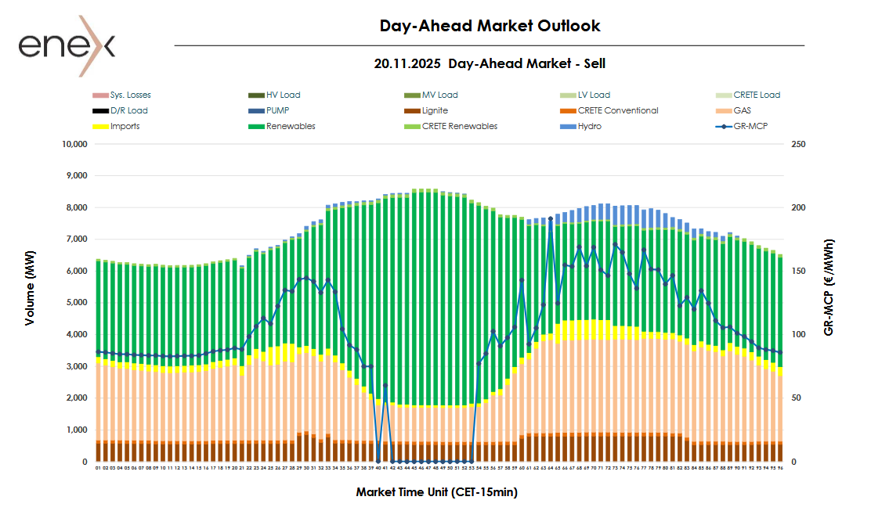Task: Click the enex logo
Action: click(x=67, y=45)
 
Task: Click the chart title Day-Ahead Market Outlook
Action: click(x=490, y=26)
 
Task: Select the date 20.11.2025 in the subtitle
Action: click(x=408, y=63)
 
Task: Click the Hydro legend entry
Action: click(x=589, y=126)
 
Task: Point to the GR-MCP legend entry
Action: click(x=750, y=126)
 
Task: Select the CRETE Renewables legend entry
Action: click(x=459, y=126)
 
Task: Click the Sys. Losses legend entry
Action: click(x=130, y=95)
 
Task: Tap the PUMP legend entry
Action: click(x=278, y=110)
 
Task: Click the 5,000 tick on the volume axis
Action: click(x=75, y=303)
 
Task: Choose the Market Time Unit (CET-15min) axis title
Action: click(x=436, y=492)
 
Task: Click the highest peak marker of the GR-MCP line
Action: click(x=551, y=219)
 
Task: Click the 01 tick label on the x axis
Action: click(x=98, y=468)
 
